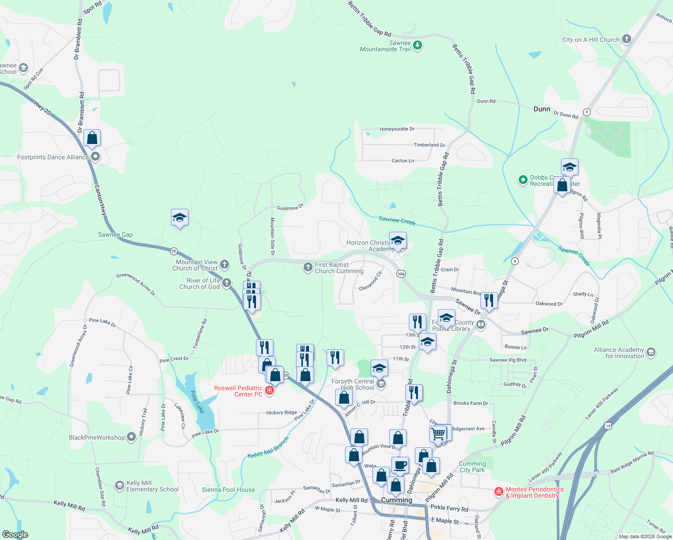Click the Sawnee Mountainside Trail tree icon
coord(417,45)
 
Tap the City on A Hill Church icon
coord(626,39)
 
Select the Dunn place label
coord(542,109)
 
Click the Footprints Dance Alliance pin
coord(95,157)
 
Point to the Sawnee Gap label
coord(115,234)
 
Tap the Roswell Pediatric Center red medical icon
coord(269,390)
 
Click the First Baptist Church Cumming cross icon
coord(308,267)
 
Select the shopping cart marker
coord(438,434)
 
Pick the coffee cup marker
coord(400,465)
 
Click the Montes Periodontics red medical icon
coord(498,491)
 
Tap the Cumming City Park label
coord(472,467)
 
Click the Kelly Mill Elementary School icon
coord(119,486)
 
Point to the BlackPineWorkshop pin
coord(131,437)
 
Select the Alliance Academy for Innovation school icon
coord(651,352)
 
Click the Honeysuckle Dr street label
coord(397,129)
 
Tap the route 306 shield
coord(401,274)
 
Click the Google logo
coord(15,535)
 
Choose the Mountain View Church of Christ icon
coord(224,265)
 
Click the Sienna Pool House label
coord(229,490)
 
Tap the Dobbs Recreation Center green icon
coord(523,180)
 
